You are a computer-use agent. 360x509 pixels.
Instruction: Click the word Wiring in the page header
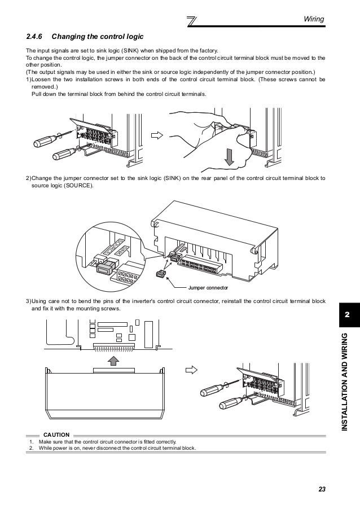(x=314, y=20)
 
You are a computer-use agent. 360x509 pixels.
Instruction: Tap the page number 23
(x=322, y=488)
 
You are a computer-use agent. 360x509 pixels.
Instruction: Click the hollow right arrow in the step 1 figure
(x=156, y=136)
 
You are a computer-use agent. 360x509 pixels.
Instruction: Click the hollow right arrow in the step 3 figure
(x=192, y=371)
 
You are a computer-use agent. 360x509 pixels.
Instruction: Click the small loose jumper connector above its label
(x=160, y=273)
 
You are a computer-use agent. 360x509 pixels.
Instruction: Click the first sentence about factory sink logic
(x=121, y=51)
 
